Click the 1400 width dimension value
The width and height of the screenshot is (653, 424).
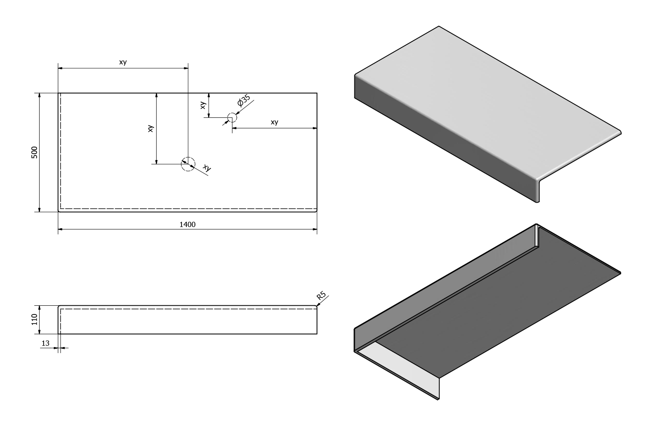[187, 224]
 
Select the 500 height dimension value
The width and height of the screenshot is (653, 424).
[35, 152]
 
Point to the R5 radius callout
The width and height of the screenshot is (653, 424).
[321, 297]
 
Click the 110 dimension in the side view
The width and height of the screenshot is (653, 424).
[35, 320]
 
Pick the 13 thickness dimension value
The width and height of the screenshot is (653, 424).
[45, 343]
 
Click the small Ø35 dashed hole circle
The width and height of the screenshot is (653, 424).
[232, 117]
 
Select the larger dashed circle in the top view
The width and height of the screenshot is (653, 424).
[188, 164]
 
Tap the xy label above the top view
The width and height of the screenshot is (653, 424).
[123, 62]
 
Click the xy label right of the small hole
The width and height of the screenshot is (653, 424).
[274, 122]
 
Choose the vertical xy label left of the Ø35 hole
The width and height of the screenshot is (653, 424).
[203, 105]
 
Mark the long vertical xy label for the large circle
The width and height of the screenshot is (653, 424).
[151, 128]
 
